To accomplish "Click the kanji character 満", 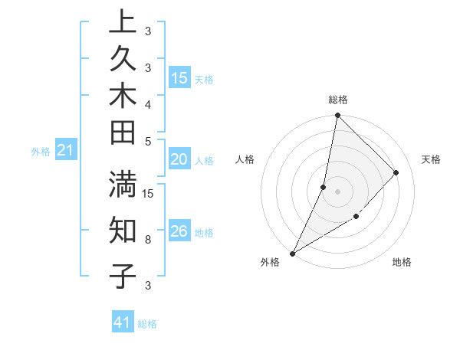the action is (x=122, y=186).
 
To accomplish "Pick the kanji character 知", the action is (x=122, y=231).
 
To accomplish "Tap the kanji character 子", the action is (x=122, y=276).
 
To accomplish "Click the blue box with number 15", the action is (x=179, y=78).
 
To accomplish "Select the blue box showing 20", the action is (x=179, y=159).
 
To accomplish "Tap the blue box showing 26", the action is (x=179, y=231).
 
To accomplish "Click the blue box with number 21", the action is (x=66, y=151).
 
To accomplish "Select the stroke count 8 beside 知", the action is (x=148, y=239).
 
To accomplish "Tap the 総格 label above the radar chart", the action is (x=338, y=100).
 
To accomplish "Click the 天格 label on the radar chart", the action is (x=432, y=159).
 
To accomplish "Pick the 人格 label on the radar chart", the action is (x=245, y=159).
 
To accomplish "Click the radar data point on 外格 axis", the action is (x=292, y=253).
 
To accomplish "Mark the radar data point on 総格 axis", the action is (x=337, y=115).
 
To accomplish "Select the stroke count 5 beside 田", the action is (x=148, y=141).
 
